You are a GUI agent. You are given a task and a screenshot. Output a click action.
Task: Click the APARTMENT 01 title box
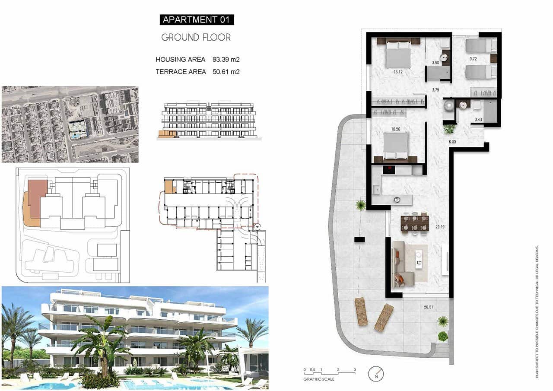click(x=197, y=19)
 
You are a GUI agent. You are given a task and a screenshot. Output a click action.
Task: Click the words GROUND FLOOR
click(x=196, y=38)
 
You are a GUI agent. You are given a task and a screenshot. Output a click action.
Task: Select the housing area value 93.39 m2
click(x=226, y=60)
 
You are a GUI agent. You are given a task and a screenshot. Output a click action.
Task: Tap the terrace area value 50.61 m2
click(x=226, y=72)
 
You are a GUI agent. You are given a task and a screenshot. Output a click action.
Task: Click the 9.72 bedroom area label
click(x=474, y=57)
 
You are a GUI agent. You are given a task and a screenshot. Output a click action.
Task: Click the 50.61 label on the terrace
click(x=428, y=307)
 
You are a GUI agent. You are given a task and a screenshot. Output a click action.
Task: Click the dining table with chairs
click(x=414, y=223)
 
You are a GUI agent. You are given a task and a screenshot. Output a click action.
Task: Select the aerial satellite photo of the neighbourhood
click(x=70, y=124)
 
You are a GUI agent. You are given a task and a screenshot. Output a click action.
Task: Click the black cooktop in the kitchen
click(x=389, y=169)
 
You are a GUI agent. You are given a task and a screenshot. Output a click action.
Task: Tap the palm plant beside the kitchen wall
click(x=360, y=205)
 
